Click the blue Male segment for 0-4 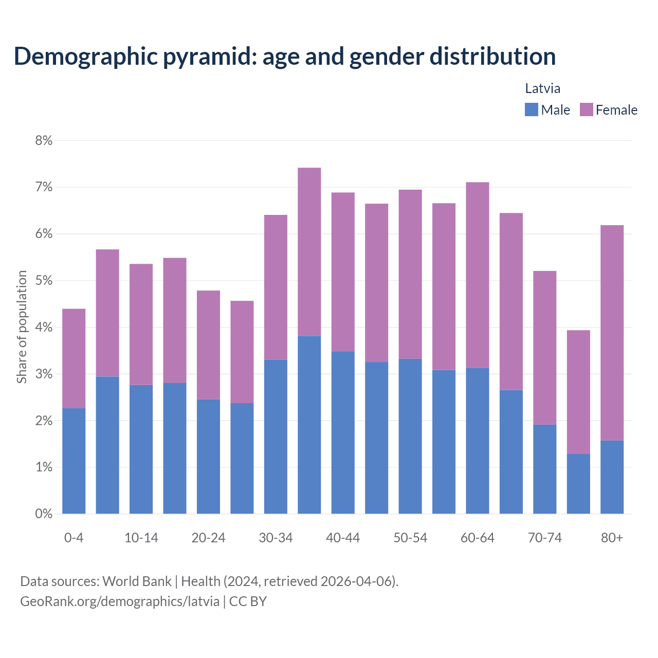(74, 461)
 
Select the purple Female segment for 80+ (612, 333)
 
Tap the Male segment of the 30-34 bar (276, 436)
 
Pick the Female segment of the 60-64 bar (477, 275)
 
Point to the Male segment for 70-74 (544, 469)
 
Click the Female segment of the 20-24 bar (208, 345)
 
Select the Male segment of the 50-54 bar (410, 436)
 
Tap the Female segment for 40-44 (343, 272)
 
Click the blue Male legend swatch (531, 109)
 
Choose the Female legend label (616, 110)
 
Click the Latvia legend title (542, 88)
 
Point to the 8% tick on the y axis (44, 140)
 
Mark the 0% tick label (44, 514)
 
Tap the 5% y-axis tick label (44, 281)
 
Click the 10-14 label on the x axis (141, 538)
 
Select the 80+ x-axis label (612, 538)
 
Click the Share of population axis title (22, 327)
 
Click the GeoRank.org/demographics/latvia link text (120, 601)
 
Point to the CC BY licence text (248, 601)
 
